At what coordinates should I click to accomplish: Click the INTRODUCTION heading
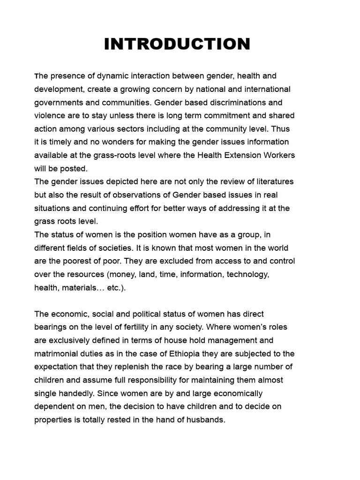177,44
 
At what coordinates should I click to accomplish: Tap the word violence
50,115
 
